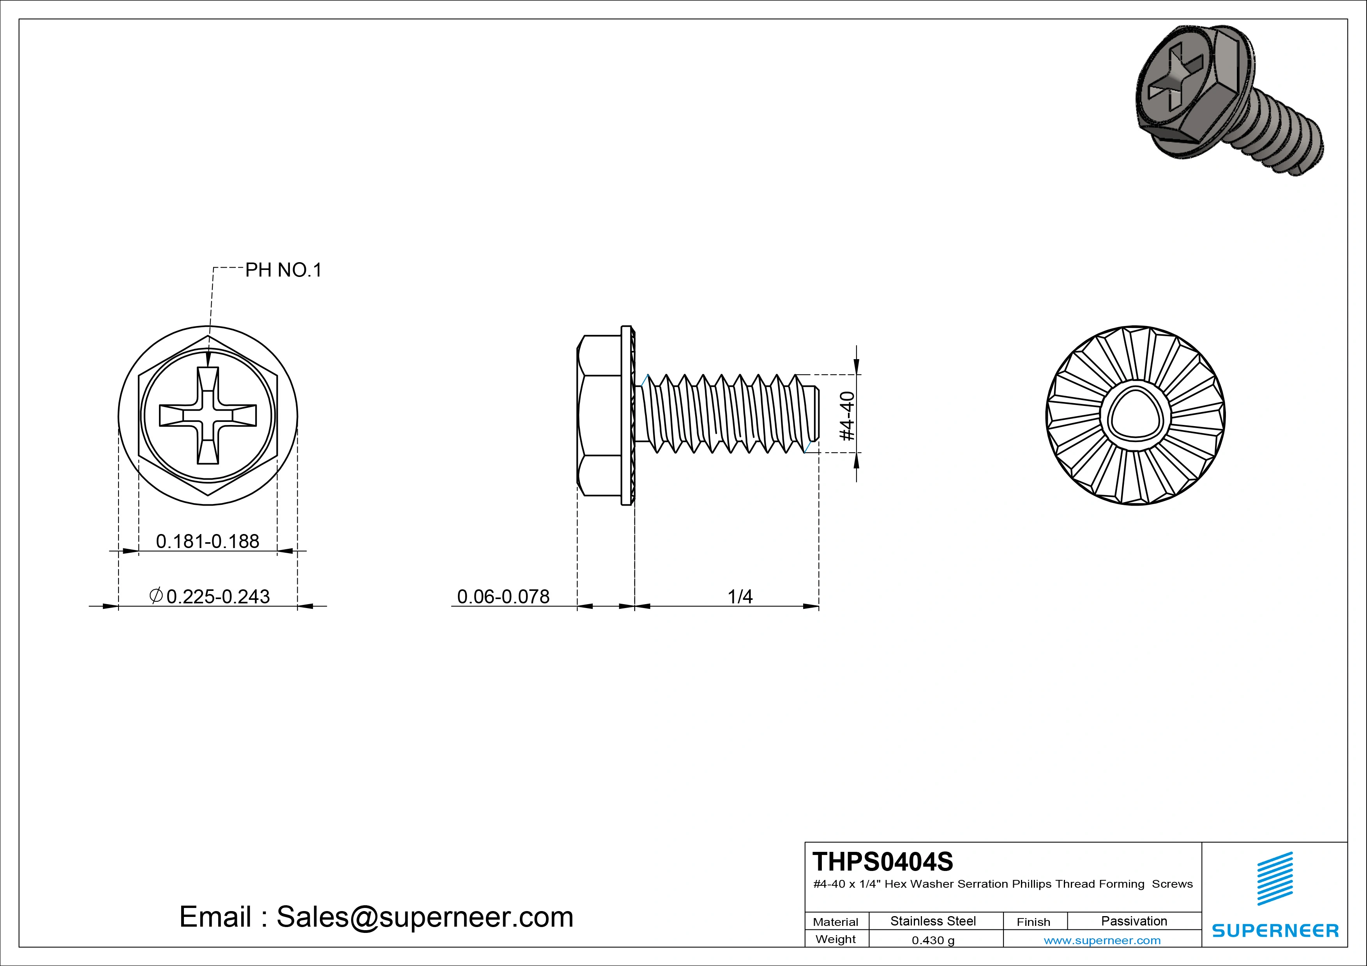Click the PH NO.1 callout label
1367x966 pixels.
pyautogui.click(x=283, y=270)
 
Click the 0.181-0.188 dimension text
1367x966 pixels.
pyautogui.click(x=207, y=541)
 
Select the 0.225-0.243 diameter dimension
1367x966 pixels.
pyautogui.click(x=218, y=596)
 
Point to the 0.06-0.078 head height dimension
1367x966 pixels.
pyautogui.click(x=503, y=596)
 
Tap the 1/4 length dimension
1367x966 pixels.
pyautogui.click(x=740, y=596)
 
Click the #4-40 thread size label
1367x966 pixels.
pyautogui.click(x=847, y=416)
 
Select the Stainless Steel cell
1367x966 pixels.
pyautogui.click(x=933, y=921)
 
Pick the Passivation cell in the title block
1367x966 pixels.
pyautogui.click(x=1134, y=921)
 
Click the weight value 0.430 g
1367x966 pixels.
pyautogui.click(x=933, y=940)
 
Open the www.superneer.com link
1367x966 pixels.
pyautogui.click(x=1102, y=940)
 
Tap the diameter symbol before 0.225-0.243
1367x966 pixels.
pyautogui.click(x=156, y=595)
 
